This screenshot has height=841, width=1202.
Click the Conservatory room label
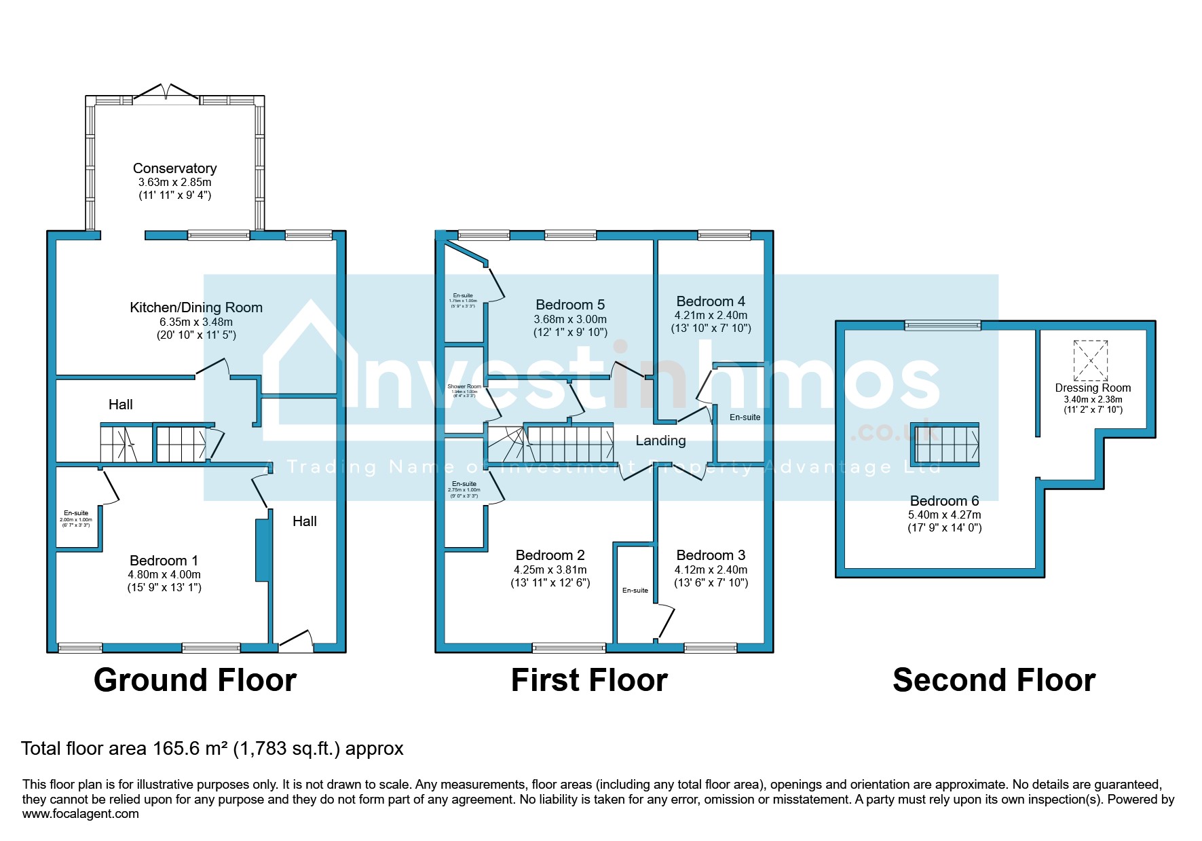[x=174, y=168]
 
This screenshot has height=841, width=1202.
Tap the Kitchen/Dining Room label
[x=196, y=307]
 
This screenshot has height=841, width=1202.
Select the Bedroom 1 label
[x=164, y=561]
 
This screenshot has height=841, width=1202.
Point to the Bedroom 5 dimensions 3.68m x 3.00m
[x=570, y=320]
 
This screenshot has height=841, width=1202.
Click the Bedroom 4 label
[x=711, y=301]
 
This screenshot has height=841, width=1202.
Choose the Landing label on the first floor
[x=660, y=441]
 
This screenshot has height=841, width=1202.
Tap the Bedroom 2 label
[x=550, y=556]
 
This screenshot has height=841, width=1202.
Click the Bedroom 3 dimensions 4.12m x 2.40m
[x=711, y=570]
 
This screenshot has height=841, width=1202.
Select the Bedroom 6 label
[x=944, y=501]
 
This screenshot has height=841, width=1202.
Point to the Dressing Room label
[x=1093, y=388]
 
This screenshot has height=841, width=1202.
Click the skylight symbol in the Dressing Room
[x=1090, y=360]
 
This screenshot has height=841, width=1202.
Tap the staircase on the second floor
[x=945, y=445]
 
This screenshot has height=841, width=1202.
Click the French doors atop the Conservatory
[x=166, y=93]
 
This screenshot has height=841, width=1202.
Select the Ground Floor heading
[x=195, y=680]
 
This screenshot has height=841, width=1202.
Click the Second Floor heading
[x=994, y=680]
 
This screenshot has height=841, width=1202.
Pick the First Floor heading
[x=589, y=680]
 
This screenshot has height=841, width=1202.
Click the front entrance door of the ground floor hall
[x=296, y=641]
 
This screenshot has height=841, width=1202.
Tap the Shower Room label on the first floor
[x=464, y=386]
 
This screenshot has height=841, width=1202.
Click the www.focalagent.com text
[x=80, y=814]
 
